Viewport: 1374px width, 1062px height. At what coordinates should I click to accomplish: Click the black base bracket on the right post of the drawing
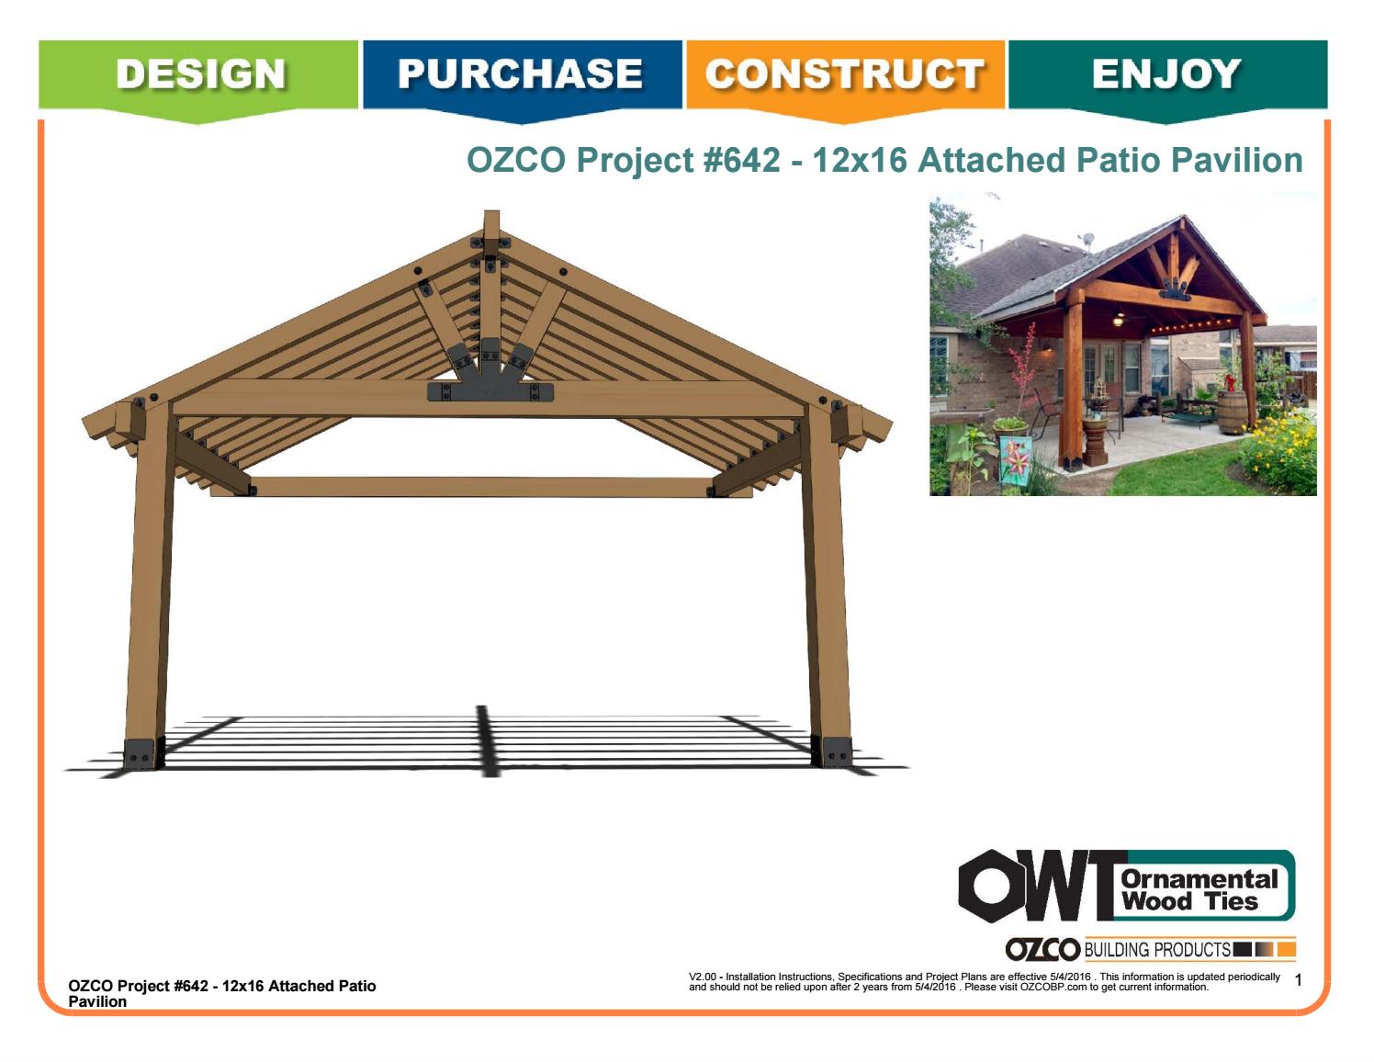point(835,751)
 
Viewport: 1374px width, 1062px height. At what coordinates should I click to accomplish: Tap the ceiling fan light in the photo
point(1118,320)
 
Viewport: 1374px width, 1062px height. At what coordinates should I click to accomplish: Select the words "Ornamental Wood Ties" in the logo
point(1199,889)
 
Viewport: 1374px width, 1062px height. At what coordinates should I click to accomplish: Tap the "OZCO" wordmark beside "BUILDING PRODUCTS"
point(1042,950)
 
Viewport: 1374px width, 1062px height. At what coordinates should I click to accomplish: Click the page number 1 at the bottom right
point(1298,981)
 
